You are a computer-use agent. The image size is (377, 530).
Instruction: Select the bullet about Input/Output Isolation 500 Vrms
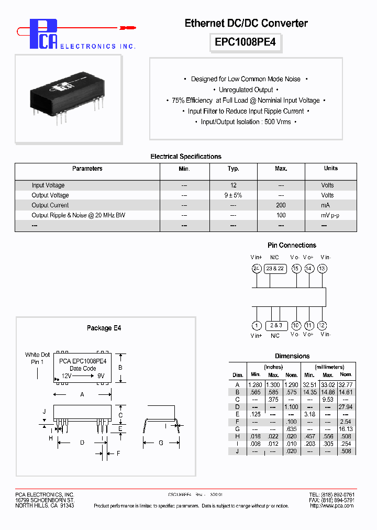pyautogui.click(x=246, y=122)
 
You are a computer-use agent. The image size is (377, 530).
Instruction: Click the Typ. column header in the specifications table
pyautogui.click(x=234, y=169)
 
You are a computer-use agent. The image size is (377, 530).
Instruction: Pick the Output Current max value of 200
pyautogui.click(x=281, y=205)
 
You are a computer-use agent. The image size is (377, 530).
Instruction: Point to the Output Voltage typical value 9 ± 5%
pyautogui.click(x=234, y=195)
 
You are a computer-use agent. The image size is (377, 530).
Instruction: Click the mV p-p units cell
pyautogui.click(x=330, y=215)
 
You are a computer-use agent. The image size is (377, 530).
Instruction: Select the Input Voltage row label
pyautogui.click(x=48, y=185)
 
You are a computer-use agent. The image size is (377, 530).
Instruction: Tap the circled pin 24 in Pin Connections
pyautogui.click(x=256, y=269)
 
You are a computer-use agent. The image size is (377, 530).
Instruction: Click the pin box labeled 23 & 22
pyautogui.click(x=275, y=269)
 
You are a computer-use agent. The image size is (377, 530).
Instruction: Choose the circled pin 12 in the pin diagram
pyautogui.click(x=322, y=325)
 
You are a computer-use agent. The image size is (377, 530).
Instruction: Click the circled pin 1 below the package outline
pyautogui.click(x=257, y=325)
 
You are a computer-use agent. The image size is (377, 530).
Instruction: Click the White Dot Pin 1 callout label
pyautogui.click(x=37, y=358)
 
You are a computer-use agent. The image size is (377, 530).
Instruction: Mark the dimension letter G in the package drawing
pyautogui.click(x=161, y=443)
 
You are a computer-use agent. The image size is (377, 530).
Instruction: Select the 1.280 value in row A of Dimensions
pyautogui.click(x=256, y=384)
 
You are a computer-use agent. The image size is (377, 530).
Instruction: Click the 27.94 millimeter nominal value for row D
pyautogui.click(x=346, y=406)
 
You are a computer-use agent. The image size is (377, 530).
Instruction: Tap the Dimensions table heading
pyautogui.click(x=292, y=356)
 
